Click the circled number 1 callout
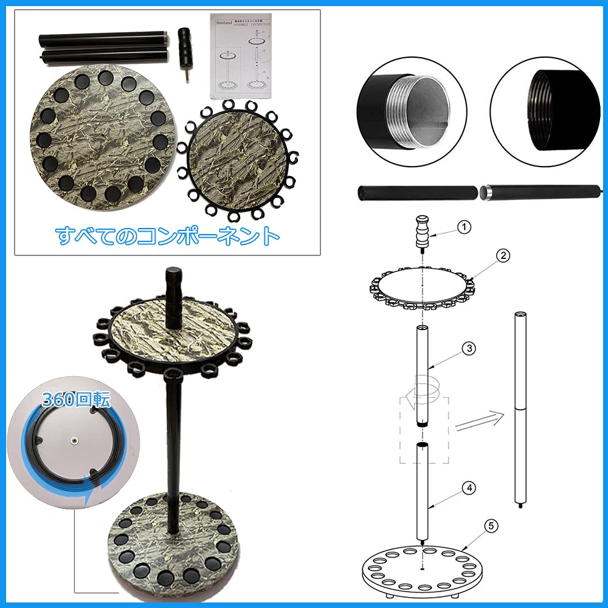point(464,227)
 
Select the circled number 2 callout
point(502,256)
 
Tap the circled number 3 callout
point(468,348)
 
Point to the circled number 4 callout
point(468,487)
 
